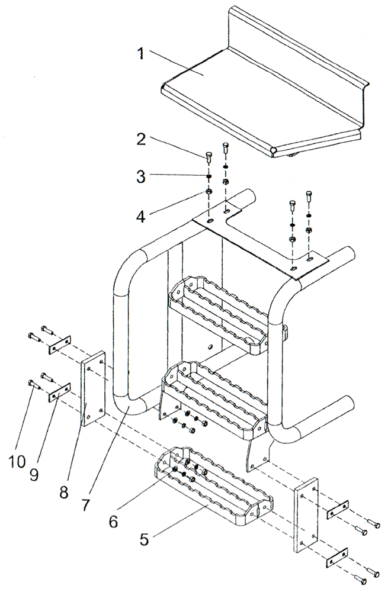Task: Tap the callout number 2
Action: pyautogui.click(x=141, y=140)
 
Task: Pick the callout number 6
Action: pyautogui.click(x=113, y=521)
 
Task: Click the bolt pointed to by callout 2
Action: pyautogui.click(x=209, y=157)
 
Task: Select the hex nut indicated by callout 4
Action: pyautogui.click(x=209, y=192)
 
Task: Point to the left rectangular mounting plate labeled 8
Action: pyautogui.click(x=94, y=390)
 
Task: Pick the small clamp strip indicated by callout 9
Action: pyautogui.click(x=59, y=392)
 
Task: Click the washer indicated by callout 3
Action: pyautogui.click(x=209, y=176)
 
